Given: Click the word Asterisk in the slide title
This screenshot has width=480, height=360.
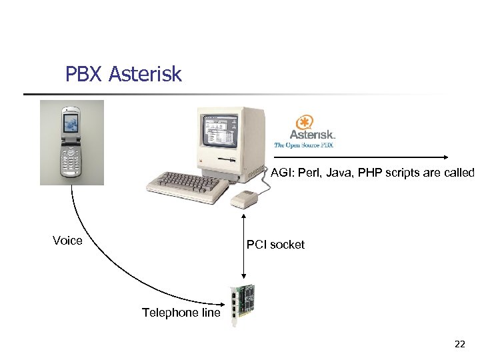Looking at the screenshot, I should (145, 74).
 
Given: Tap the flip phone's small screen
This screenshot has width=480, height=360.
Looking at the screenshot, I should (71, 123).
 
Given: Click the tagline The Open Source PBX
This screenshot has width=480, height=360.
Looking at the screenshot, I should (304, 145).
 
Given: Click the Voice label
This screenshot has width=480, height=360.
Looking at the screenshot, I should (67, 241).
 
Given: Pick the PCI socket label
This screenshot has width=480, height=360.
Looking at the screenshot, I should (275, 245).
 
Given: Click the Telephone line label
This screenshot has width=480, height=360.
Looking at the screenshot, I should (181, 313).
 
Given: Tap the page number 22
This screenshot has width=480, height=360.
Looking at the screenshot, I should (459, 345).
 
